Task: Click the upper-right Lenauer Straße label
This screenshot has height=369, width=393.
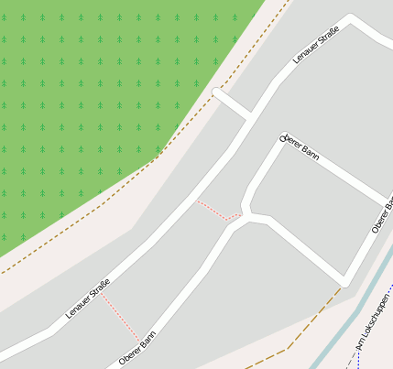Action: click(316, 44)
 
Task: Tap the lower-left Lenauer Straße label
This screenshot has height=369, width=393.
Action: click(88, 298)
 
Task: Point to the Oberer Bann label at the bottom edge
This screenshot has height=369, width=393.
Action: click(137, 348)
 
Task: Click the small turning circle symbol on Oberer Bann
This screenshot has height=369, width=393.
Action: click(283, 138)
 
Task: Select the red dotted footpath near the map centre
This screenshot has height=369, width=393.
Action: click(216, 212)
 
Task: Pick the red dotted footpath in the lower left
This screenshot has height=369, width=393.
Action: click(120, 317)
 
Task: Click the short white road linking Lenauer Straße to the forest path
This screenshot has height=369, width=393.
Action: click(234, 103)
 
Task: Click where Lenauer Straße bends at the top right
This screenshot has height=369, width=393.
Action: click(351, 20)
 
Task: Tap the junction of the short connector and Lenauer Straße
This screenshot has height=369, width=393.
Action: click(249, 115)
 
